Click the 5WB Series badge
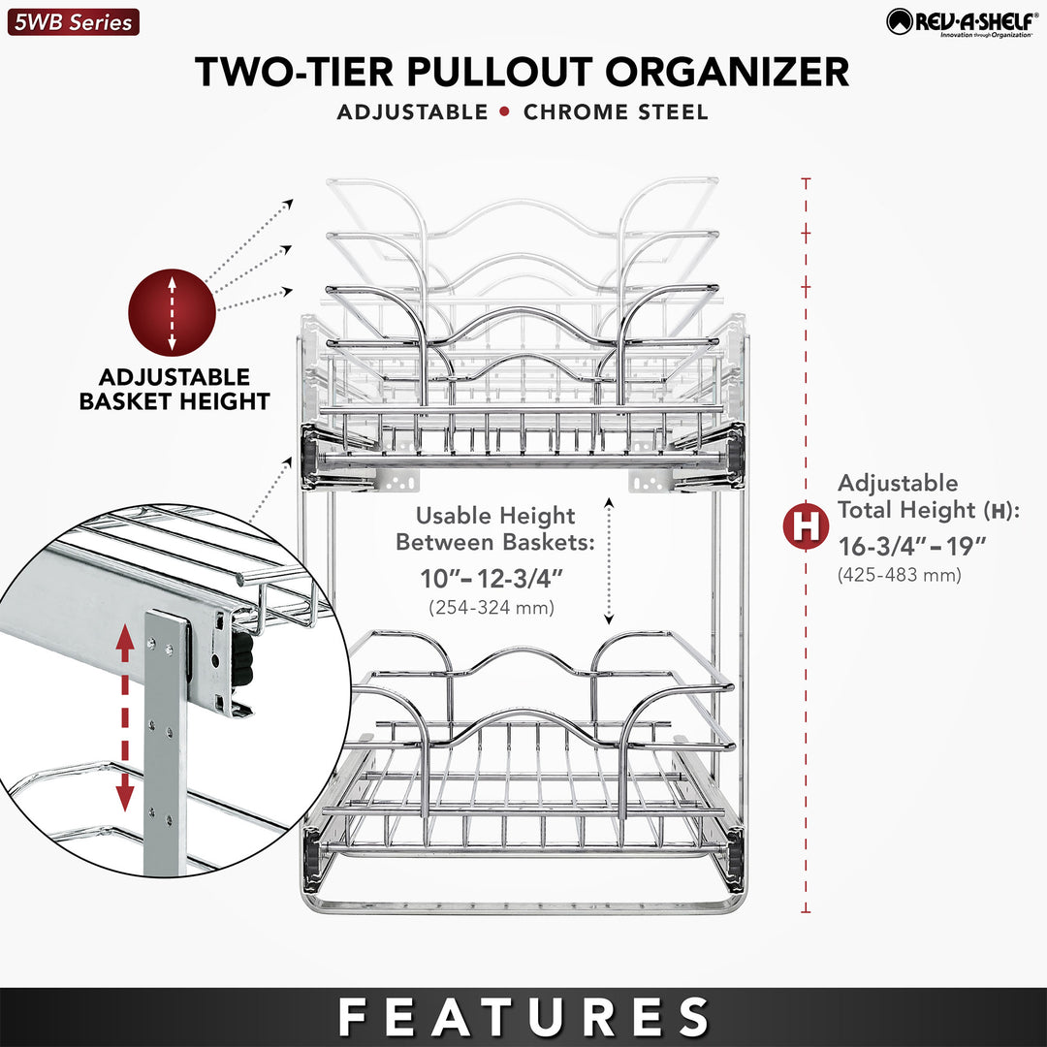[x=73, y=21]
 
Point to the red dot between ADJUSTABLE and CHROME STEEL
[x=504, y=111]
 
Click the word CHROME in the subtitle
[x=577, y=112]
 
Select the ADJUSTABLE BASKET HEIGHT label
[x=174, y=389]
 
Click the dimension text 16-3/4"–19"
[x=912, y=546]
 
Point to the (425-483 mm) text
[x=899, y=575]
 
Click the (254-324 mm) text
[x=491, y=608]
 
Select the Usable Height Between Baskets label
[x=495, y=528]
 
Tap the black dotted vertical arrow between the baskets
[x=609, y=559]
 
